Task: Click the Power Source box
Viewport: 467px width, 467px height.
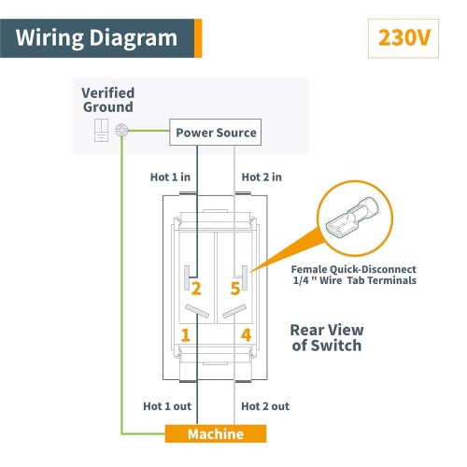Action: [215, 132]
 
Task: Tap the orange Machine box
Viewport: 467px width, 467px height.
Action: [216, 433]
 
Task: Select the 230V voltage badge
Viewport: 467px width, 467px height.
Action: [403, 38]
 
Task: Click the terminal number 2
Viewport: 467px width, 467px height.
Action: [196, 289]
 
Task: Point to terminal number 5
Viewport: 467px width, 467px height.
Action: [235, 289]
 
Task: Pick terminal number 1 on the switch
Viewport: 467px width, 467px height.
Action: [186, 335]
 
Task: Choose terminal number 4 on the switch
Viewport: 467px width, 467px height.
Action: [246, 335]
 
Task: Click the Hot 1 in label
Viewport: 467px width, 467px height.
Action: [170, 177]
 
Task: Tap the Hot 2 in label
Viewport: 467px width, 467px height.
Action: [262, 177]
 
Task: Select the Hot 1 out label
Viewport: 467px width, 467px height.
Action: [167, 406]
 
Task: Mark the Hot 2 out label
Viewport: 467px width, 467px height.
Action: [265, 406]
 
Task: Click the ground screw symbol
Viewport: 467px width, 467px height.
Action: [121, 130]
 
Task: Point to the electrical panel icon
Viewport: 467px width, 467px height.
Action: [102, 130]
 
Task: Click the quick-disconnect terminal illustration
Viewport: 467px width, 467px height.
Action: [352, 217]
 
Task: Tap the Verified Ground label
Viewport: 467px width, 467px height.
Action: [108, 100]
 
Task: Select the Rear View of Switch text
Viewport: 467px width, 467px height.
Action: [327, 338]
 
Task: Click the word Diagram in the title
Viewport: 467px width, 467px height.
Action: [134, 38]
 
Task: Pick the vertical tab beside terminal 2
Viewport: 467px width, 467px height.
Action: [187, 277]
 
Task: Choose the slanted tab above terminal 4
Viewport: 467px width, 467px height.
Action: [234, 311]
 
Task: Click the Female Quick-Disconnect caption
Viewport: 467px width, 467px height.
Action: [354, 269]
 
